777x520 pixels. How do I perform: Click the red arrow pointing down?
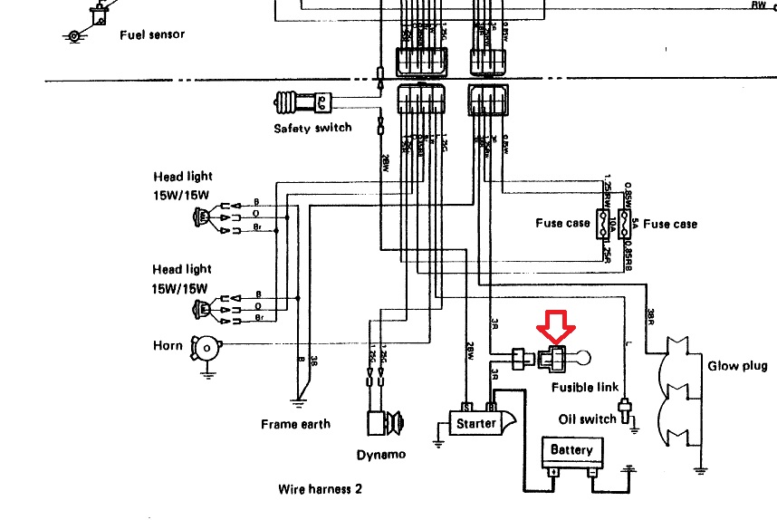[x=552, y=328]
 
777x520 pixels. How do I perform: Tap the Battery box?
[x=571, y=450]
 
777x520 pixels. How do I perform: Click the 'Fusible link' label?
[x=585, y=387]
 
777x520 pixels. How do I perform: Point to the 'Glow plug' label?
[x=737, y=366]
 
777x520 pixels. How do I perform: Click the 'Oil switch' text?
[x=587, y=419]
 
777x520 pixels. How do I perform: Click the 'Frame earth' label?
[x=295, y=424]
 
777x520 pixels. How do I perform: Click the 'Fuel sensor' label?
[x=152, y=34]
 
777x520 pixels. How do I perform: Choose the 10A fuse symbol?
[x=600, y=223]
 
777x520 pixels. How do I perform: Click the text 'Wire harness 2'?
[x=321, y=489]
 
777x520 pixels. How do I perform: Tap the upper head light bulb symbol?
[x=201, y=217]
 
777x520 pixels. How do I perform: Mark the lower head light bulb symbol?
[x=201, y=309]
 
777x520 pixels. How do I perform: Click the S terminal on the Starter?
[x=465, y=408]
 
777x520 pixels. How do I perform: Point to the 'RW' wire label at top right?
[x=758, y=5]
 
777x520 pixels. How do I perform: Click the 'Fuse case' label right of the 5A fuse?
[x=670, y=224]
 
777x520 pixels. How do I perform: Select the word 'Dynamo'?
[x=380, y=455]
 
